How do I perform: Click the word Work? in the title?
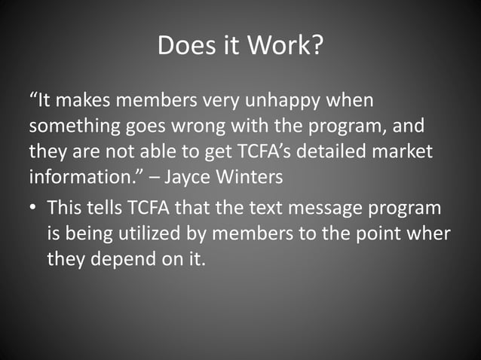point(287,47)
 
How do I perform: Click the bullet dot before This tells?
point(34,209)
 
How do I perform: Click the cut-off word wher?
point(430,234)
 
